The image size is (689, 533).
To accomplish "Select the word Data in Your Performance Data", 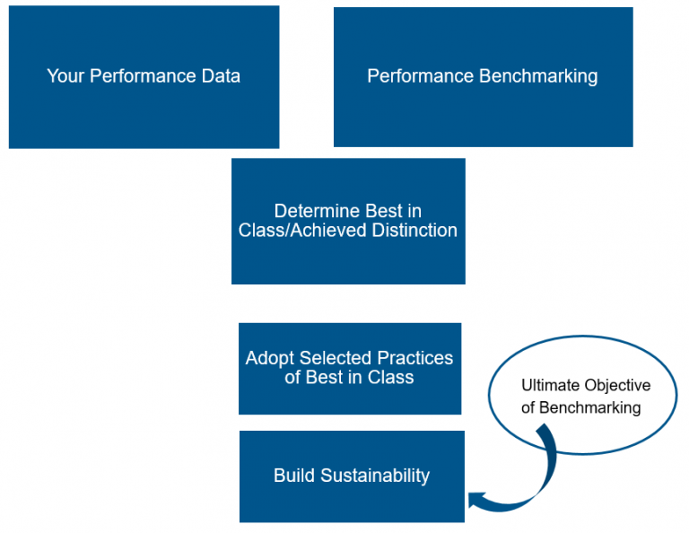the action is point(221,76).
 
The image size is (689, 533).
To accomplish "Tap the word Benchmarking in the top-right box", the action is point(538,76).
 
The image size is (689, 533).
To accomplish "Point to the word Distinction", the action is point(414,231).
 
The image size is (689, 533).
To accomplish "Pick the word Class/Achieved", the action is point(302,231).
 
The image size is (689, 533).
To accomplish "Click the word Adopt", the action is point(270,358).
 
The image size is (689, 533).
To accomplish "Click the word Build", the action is point(294,476).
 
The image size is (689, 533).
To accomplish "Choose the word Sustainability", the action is point(375,476).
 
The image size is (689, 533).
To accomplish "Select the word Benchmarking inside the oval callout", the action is point(589,408).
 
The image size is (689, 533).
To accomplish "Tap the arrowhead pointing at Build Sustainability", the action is point(475,500).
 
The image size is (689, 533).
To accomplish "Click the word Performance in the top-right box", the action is point(420,76).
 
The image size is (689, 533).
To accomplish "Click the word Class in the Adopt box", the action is point(390,378).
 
